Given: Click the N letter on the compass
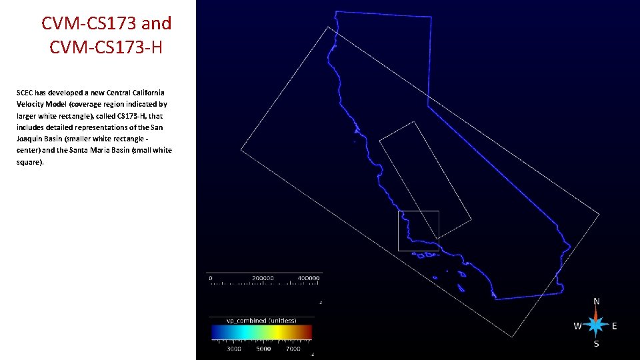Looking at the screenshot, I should pos(597,301).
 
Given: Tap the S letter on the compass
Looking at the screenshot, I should pos(597,344).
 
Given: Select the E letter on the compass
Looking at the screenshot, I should pos(614,326).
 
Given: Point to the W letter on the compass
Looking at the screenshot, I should pos(577,326).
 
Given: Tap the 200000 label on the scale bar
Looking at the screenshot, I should pos(263,277).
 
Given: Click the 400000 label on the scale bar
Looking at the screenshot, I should pos(308,277).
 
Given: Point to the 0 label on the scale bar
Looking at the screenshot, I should pos(211,277).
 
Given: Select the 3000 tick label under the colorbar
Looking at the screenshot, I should pos(234,349).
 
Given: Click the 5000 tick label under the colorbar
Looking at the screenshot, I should pos(263,349).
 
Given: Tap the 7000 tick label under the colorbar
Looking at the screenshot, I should pos(293,349).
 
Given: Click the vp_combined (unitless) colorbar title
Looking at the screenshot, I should pos(261,321).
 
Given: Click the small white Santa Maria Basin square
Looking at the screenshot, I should pos(419,231).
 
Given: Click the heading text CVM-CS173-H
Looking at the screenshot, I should pos(106,48).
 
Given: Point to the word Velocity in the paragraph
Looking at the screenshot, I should pos(31,104).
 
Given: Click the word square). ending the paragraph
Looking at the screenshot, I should pos(30,161).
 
